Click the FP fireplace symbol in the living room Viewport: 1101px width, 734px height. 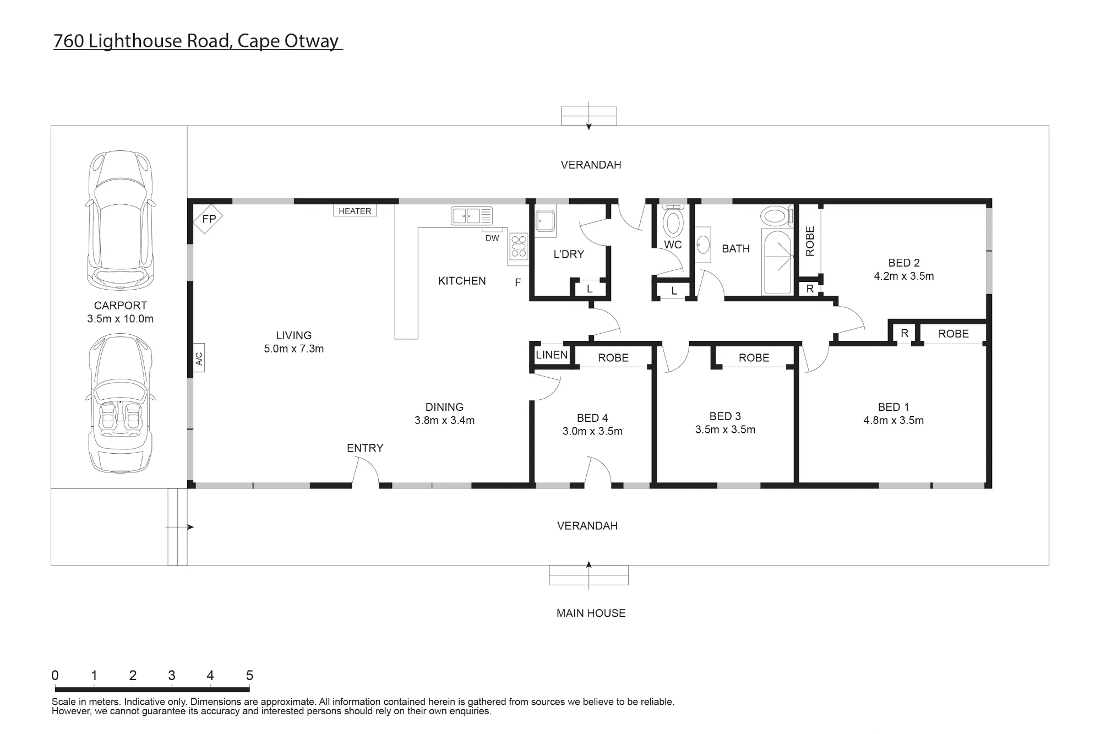pyautogui.click(x=208, y=219)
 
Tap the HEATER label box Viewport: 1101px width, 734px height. pyautogui.click(x=355, y=211)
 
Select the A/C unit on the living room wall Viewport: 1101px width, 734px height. pyautogui.click(x=199, y=358)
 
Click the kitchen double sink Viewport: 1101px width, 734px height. pyautogui.click(x=472, y=215)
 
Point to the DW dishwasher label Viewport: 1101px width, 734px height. pyautogui.click(x=492, y=238)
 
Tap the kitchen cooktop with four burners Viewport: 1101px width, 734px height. pyautogui.click(x=519, y=246)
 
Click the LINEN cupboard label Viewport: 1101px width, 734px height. pyautogui.click(x=552, y=355)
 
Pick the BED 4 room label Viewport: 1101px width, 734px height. pyautogui.click(x=592, y=418)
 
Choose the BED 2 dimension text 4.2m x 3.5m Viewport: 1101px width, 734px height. pyautogui.click(x=904, y=276)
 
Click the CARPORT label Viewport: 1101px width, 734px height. pyautogui.click(x=121, y=306)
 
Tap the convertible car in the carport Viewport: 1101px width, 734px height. pyautogui.click(x=121, y=403)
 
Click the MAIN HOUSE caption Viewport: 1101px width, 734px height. pyautogui.click(x=591, y=613)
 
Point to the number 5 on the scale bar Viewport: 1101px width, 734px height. pyautogui.click(x=249, y=675)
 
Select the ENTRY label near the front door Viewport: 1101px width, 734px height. pyautogui.click(x=365, y=448)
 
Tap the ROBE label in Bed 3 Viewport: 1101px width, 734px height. pyautogui.click(x=754, y=358)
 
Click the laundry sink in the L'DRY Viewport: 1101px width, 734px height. pyautogui.click(x=546, y=221)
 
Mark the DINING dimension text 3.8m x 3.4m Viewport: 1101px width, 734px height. pyautogui.click(x=444, y=420)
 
